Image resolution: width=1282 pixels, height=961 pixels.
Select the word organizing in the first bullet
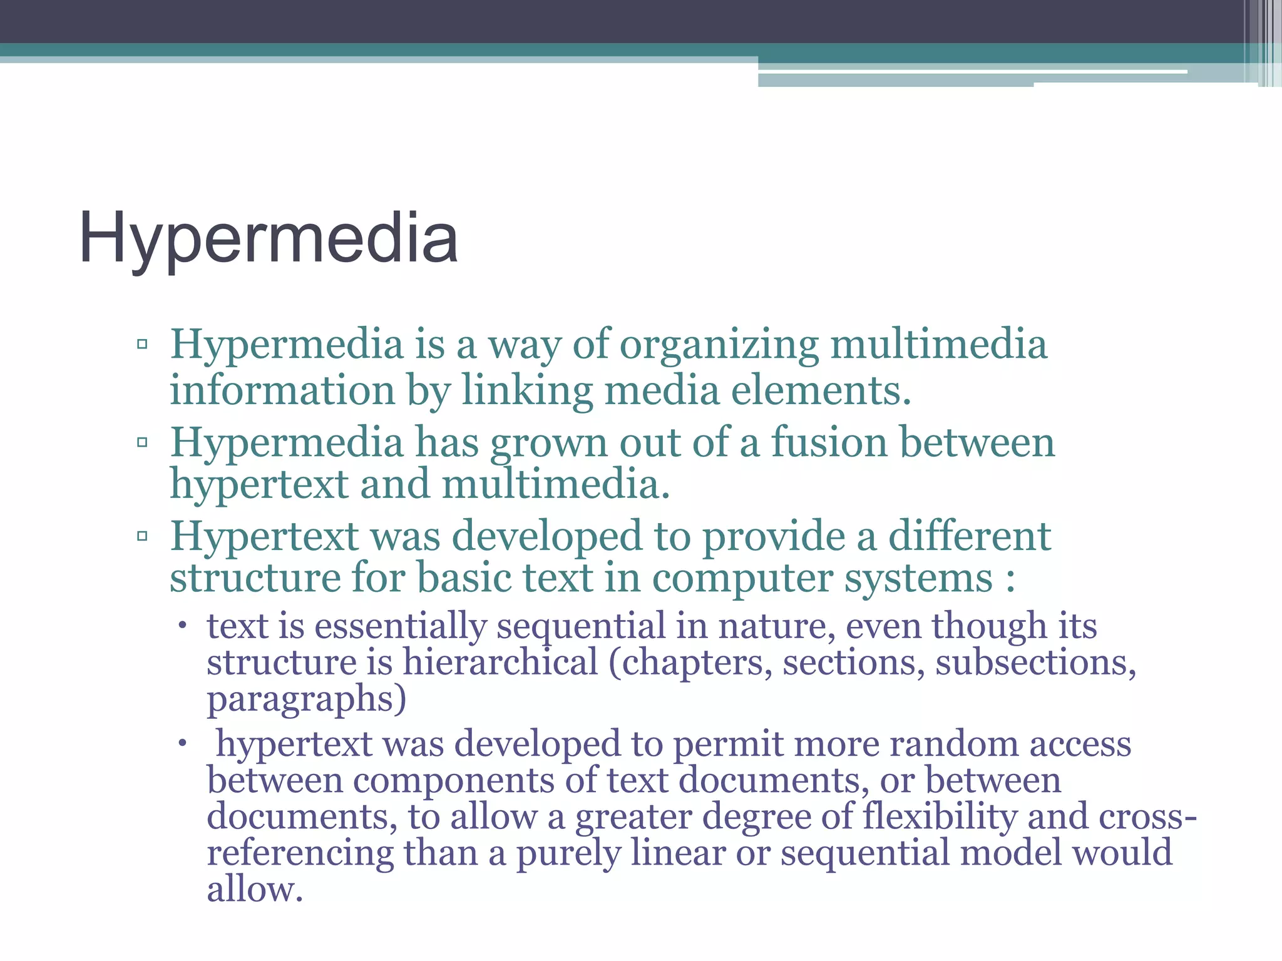[x=719, y=345]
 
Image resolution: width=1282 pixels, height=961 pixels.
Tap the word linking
[x=527, y=391]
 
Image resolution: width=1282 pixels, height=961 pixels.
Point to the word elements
[x=821, y=391]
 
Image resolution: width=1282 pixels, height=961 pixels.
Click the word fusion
[x=829, y=442]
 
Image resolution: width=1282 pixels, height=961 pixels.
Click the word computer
[x=742, y=579]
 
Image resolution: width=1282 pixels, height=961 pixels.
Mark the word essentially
[x=401, y=626]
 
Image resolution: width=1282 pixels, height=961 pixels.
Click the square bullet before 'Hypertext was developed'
[x=142, y=536]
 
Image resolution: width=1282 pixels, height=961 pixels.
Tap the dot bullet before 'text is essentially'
[x=182, y=626]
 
